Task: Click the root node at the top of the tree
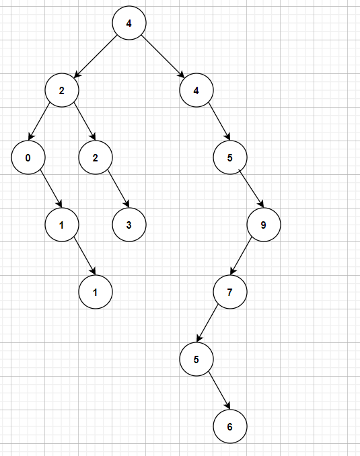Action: tap(129, 23)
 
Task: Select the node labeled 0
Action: tap(28, 157)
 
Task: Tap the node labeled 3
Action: tap(129, 225)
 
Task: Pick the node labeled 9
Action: tap(264, 225)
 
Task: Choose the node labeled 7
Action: tap(230, 292)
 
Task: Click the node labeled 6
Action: tap(230, 426)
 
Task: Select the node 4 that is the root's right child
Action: tap(196, 90)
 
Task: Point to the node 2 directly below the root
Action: tap(62, 90)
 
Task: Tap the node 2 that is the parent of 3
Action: tap(96, 157)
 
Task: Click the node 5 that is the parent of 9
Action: tap(230, 157)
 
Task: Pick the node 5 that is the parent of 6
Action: tap(196, 359)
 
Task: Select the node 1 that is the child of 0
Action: tap(62, 225)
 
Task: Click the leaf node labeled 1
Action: tap(96, 292)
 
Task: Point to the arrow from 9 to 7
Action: tap(241, 256)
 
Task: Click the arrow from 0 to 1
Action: tap(51, 189)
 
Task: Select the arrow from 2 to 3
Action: tap(118, 189)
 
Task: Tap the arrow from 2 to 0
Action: tap(39, 121)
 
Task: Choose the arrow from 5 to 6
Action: tap(219, 391)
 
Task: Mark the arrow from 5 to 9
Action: tap(251, 188)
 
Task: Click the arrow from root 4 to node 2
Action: tap(96, 56)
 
